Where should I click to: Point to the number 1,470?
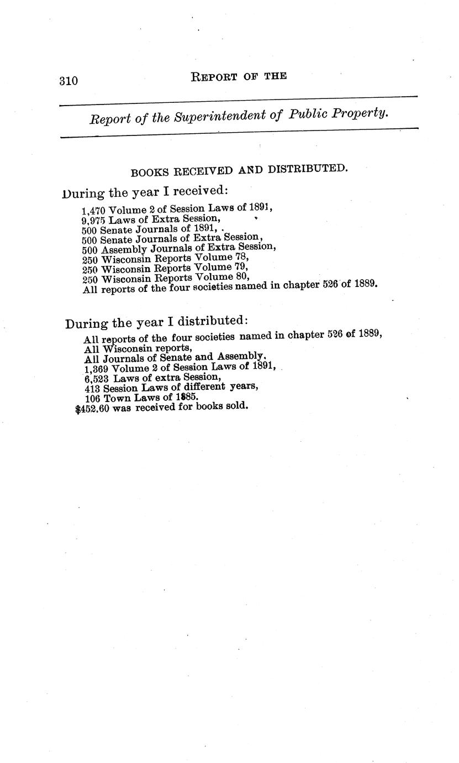tap(93, 210)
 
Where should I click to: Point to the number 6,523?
tap(97, 378)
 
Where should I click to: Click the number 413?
tap(92, 388)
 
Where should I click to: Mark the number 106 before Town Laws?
tap(92, 398)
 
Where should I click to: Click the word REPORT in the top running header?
tap(214, 77)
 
